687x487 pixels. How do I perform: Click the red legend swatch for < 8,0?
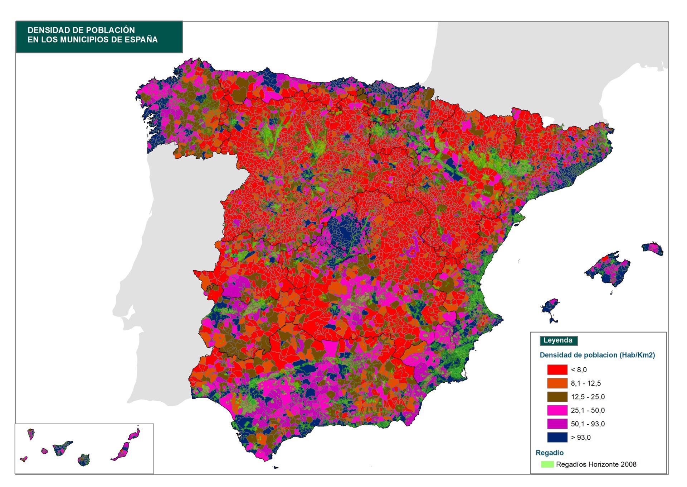click(x=557, y=369)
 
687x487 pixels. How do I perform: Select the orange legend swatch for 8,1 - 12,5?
click(x=557, y=383)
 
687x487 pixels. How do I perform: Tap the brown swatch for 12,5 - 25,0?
click(x=557, y=397)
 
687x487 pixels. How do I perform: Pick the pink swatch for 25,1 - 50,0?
click(x=557, y=410)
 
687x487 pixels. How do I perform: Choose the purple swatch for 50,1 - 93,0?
click(x=557, y=424)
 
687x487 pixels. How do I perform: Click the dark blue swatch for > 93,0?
click(x=557, y=437)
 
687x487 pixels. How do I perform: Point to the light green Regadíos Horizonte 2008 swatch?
click(x=547, y=464)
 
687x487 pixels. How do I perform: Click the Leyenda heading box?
click(x=558, y=340)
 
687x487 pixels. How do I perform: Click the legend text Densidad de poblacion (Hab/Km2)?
click(x=597, y=355)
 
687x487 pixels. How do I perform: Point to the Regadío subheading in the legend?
click(x=549, y=453)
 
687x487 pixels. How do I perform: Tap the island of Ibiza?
click(x=549, y=306)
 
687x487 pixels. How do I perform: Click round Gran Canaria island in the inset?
click(x=84, y=460)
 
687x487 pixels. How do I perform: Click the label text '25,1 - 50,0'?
click(x=588, y=410)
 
